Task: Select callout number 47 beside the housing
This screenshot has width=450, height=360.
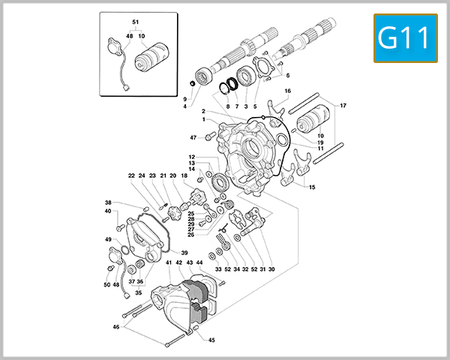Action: pos(193,138)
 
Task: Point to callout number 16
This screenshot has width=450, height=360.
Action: pos(286,91)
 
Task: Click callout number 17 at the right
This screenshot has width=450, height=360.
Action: pos(343,106)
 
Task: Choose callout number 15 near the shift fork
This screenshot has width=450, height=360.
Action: pos(312,187)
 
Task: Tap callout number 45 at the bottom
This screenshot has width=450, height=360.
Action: pos(211,340)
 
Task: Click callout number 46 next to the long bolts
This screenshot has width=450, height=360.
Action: pos(115,327)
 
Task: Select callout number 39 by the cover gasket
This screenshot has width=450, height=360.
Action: pos(184,253)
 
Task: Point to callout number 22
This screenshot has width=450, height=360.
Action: pos(130,176)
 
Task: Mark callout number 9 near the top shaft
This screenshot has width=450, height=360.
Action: pos(184,98)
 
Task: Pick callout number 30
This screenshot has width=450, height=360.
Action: pos(271,268)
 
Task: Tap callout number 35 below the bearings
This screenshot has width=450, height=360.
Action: pos(138,292)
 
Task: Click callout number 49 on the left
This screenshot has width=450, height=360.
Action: pos(108,239)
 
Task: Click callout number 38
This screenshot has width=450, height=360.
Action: pos(108,202)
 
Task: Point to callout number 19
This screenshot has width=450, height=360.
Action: pos(319,142)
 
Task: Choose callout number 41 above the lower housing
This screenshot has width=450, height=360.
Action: pos(169,263)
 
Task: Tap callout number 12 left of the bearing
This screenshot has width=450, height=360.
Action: pos(192,157)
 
